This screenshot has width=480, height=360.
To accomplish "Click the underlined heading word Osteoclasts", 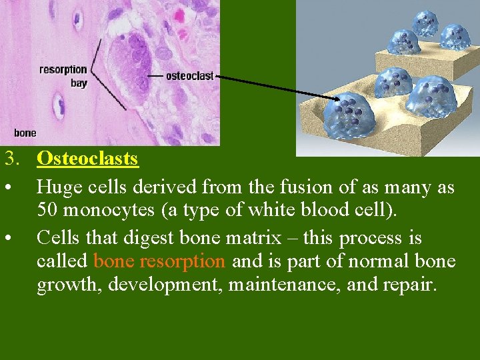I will click(87, 159).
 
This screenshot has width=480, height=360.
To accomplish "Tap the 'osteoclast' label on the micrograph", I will click(190, 76).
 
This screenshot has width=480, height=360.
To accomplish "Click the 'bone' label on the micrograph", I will click(25, 133).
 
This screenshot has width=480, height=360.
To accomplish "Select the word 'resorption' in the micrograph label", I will click(63, 69).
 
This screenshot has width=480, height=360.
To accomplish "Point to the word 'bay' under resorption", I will click(79, 83).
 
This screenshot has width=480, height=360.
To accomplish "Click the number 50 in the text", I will click(47, 210).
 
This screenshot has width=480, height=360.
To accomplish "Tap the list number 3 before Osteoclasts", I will click(9, 159).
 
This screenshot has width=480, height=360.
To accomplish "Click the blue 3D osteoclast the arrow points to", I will click(348, 115).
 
